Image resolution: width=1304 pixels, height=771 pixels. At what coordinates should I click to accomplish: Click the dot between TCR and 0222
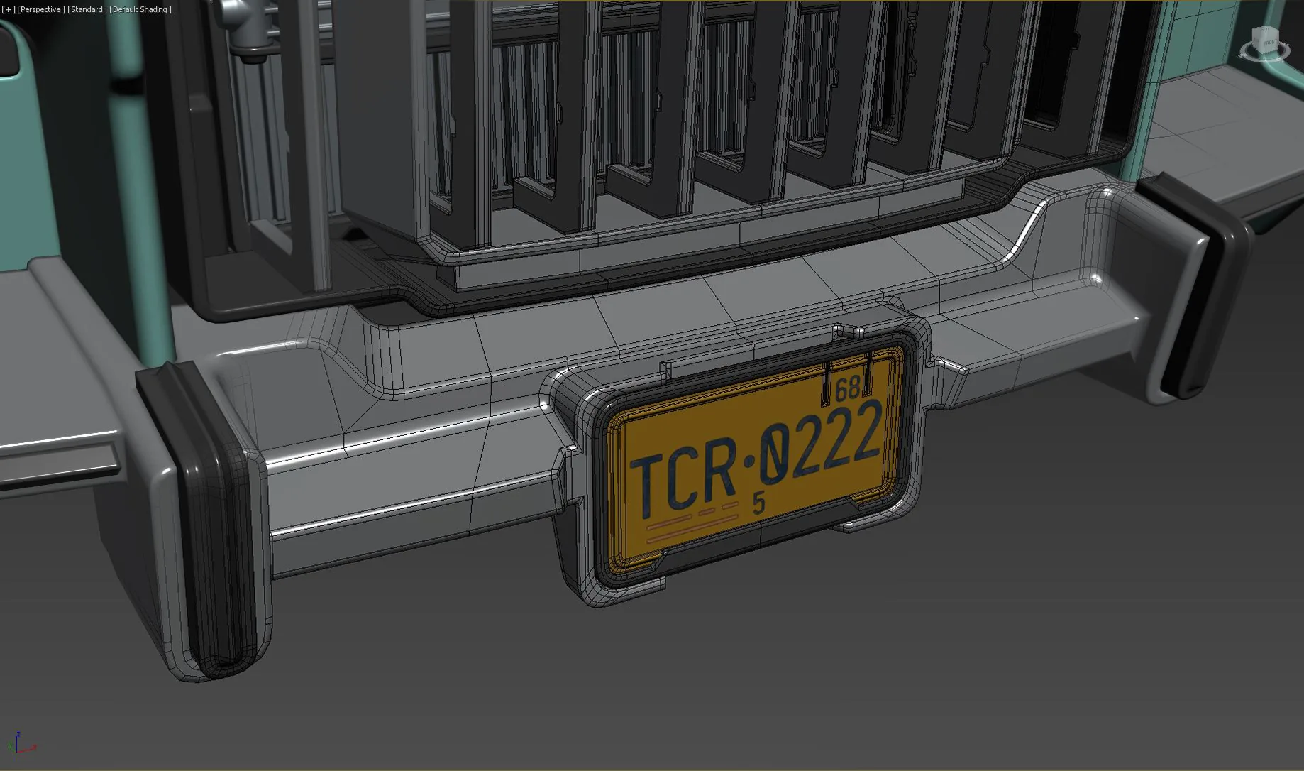749,462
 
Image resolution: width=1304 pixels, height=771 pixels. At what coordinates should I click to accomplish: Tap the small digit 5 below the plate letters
759,503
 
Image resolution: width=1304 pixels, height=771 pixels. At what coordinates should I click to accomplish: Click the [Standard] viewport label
87,9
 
